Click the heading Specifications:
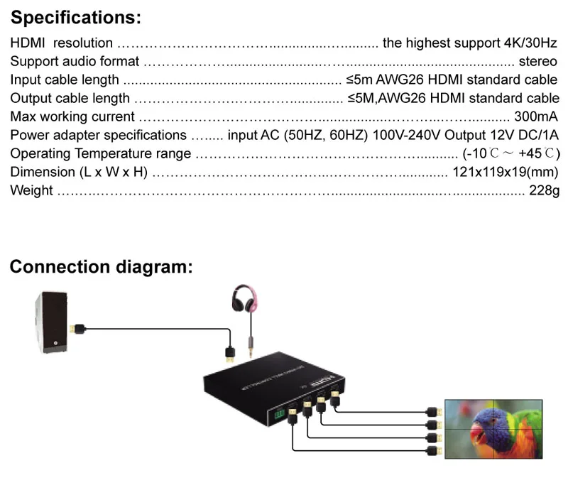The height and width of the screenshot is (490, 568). tap(76, 17)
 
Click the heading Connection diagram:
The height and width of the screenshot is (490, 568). tap(101, 267)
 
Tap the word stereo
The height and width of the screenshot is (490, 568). tap(538, 62)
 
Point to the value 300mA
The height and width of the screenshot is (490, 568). tap(535, 116)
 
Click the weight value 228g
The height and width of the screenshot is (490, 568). tap(545, 190)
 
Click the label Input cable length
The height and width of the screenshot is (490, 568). tap(65, 80)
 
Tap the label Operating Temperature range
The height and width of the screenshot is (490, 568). tap(101, 153)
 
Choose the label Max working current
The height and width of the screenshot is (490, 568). tap(72, 116)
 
